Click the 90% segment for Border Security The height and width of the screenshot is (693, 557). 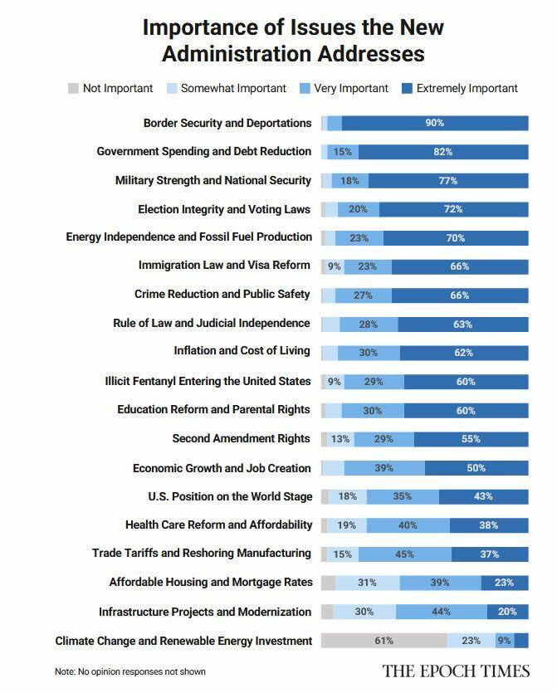coord(435,123)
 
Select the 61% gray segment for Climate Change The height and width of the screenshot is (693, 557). coord(384,641)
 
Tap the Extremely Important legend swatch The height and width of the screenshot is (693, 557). coord(407,88)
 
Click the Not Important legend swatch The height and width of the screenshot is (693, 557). coord(73,88)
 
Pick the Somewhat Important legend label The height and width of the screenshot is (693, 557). coord(233,88)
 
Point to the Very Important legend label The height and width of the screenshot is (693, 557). coord(352,88)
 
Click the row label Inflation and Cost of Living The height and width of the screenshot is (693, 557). coord(242,351)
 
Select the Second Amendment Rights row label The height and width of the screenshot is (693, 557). coord(241,438)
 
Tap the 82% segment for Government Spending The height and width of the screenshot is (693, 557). coord(442,152)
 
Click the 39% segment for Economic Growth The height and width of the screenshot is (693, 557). coord(384,468)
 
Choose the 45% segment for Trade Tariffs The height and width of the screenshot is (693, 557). coord(405,554)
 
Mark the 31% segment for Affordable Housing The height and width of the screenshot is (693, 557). coord(367,583)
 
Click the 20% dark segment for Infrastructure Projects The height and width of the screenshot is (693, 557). coord(507,612)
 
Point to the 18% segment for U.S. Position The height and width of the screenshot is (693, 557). coord(348,496)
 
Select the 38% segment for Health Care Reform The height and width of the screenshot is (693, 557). coord(489,525)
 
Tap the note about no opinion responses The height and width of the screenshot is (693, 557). coord(130,671)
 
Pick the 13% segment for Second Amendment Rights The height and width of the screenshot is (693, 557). coord(340,438)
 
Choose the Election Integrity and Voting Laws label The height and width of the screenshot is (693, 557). coord(224,209)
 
